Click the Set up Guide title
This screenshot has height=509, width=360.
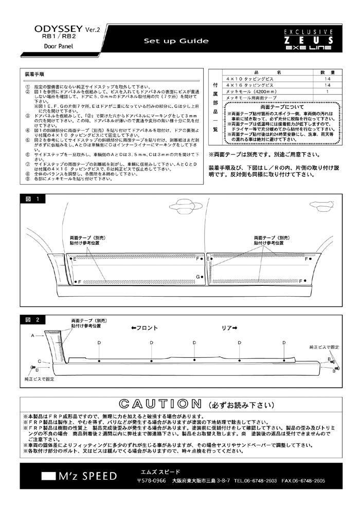tap(176, 41)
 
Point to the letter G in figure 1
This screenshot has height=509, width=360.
tap(197, 277)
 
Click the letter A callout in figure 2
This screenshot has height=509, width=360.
tap(32, 335)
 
